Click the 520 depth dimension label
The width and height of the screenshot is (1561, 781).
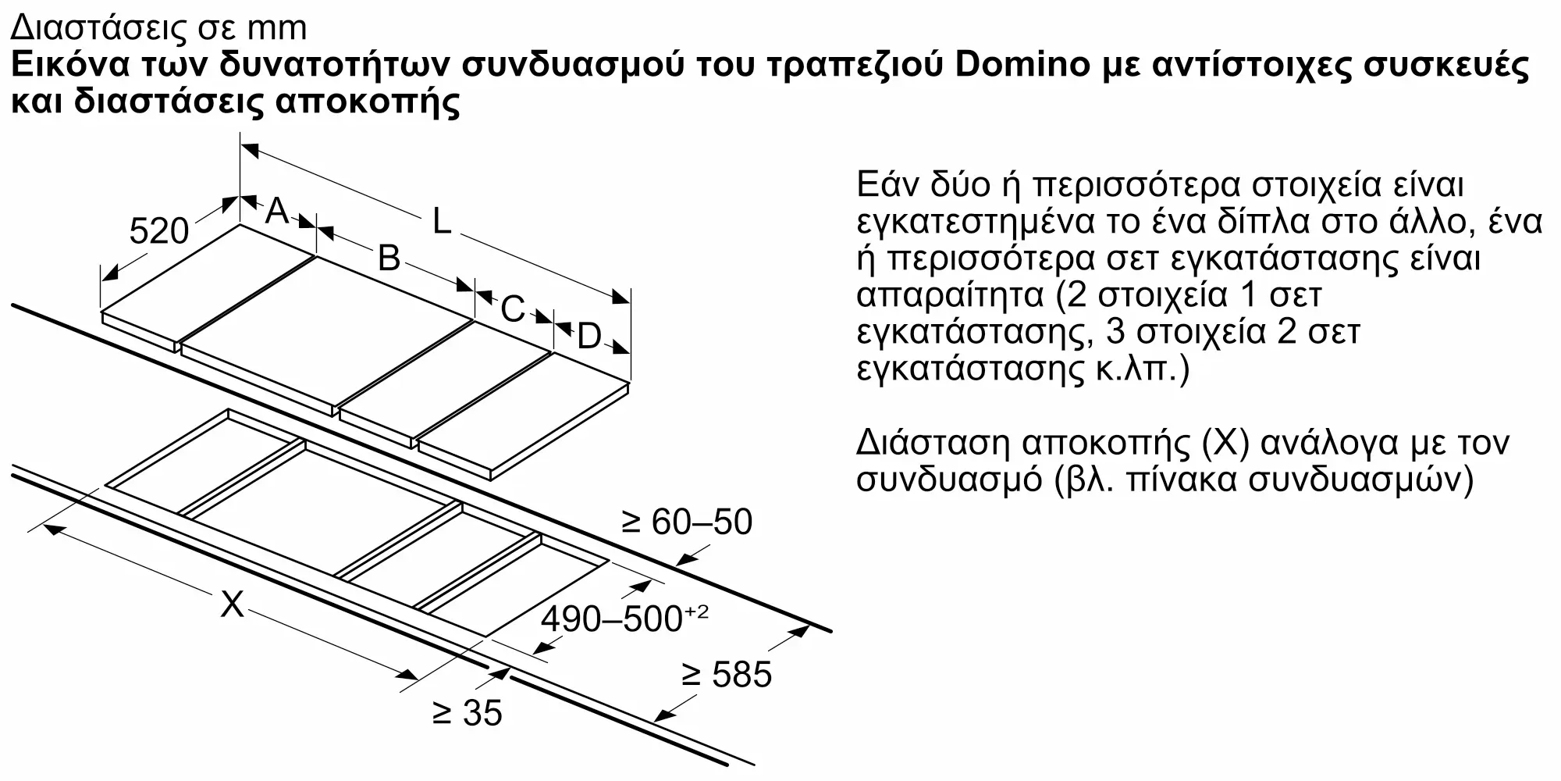click(x=159, y=230)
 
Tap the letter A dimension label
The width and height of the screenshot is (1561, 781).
click(x=278, y=211)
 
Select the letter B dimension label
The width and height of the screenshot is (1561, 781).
click(x=389, y=258)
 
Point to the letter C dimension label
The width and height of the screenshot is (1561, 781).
click(x=512, y=309)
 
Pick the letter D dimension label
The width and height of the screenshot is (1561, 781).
click(x=589, y=337)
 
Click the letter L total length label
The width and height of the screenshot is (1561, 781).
click(x=442, y=222)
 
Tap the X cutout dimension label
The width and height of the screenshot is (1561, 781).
click(x=232, y=604)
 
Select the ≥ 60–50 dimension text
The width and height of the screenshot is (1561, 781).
click(x=687, y=522)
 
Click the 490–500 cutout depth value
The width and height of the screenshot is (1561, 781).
click(x=613, y=619)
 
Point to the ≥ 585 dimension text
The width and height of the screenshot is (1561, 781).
click(x=727, y=674)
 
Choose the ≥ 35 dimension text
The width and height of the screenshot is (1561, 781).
click(x=468, y=713)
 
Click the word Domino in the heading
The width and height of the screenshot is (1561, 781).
click(x=1022, y=64)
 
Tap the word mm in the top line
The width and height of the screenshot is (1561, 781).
click(x=276, y=28)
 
